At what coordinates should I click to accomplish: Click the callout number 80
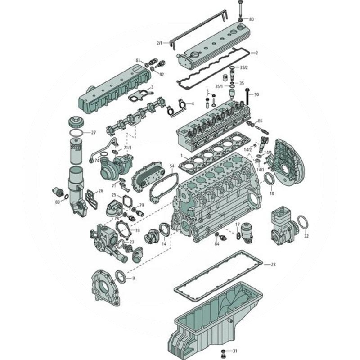(251, 19)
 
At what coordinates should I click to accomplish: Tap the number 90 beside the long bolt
(256, 94)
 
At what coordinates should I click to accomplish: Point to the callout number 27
(94, 133)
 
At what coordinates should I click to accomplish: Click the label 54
(171, 166)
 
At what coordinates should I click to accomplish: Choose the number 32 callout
(306, 236)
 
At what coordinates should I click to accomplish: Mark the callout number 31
(234, 350)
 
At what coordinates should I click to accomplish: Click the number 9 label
(133, 279)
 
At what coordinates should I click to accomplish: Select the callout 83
(58, 202)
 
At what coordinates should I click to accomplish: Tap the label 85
(260, 121)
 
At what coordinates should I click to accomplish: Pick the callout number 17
(238, 224)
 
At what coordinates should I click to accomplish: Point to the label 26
(101, 191)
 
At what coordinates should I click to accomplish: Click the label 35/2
(243, 67)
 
